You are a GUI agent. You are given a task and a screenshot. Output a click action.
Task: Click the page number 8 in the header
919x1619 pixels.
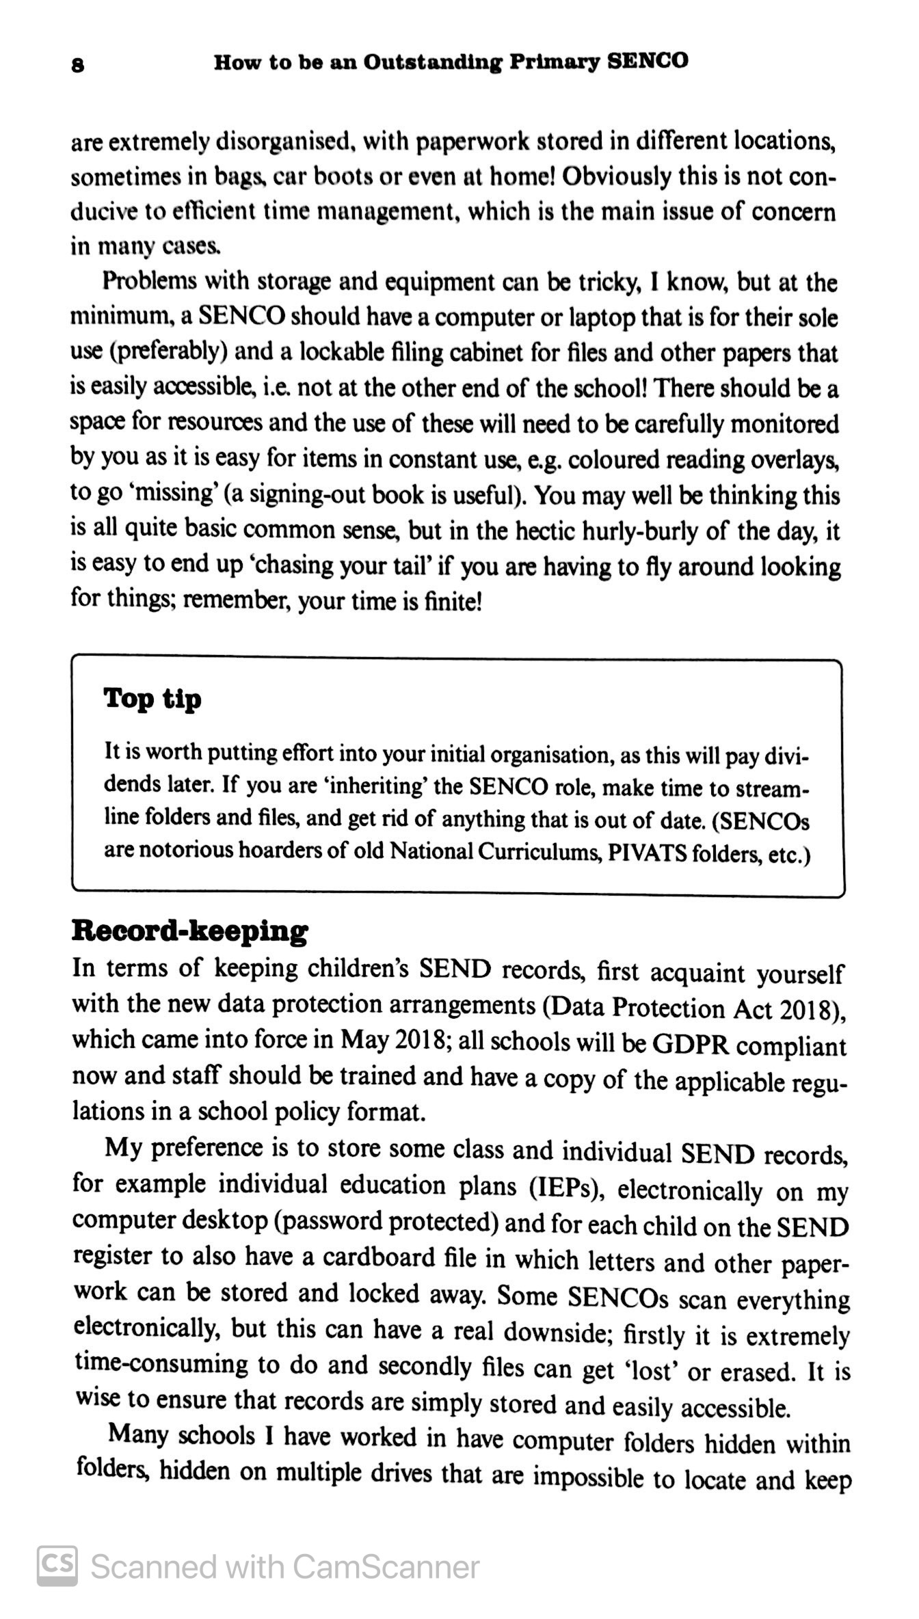click(x=78, y=65)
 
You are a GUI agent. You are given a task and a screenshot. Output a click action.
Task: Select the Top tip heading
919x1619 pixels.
click(x=152, y=699)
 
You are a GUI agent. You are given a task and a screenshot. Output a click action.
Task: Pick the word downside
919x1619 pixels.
click(x=559, y=1331)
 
